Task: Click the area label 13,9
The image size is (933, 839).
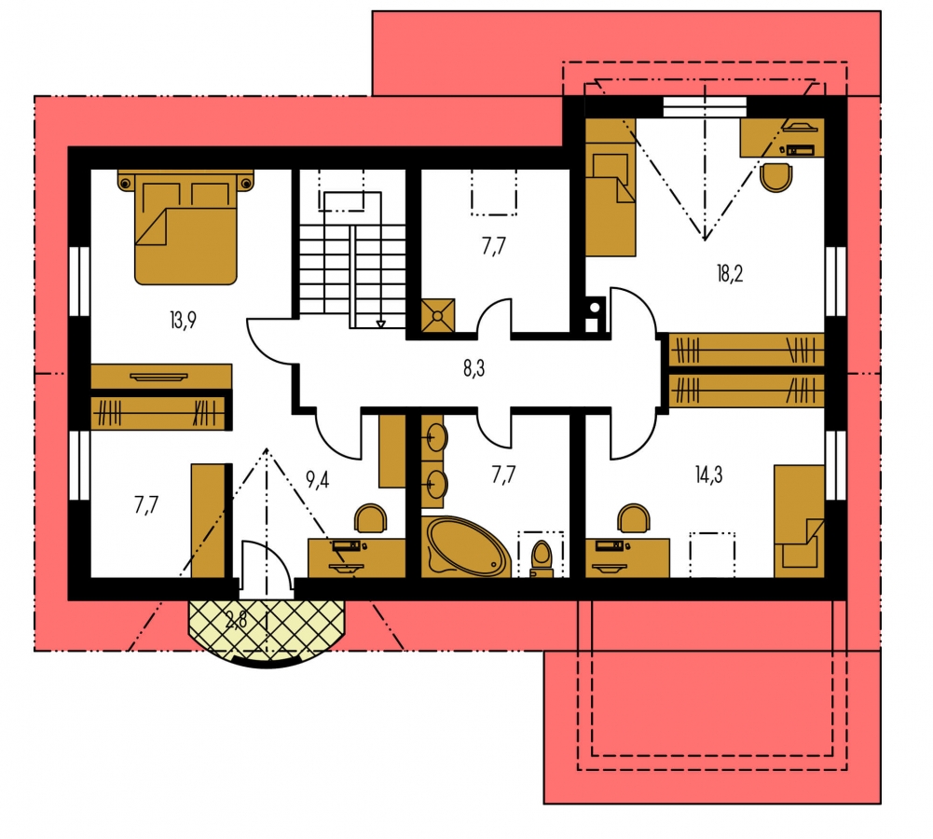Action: click(183, 321)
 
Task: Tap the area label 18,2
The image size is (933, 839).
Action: click(730, 274)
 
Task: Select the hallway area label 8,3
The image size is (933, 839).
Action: click(473, 369)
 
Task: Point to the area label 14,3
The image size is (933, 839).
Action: click(708, 475)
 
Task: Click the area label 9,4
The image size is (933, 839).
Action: click(317, 479)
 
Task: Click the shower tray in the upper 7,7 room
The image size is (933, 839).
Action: click(438, 315)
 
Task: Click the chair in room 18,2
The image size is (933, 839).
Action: click(776, 177)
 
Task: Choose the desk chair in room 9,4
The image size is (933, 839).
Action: click(370, 518)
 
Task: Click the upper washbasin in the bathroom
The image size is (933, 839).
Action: click(436, 438)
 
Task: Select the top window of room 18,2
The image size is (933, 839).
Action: click(705, 107)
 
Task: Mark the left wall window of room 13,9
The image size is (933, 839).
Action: click(79, 281)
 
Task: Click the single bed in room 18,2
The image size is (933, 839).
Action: click(611, 187)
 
